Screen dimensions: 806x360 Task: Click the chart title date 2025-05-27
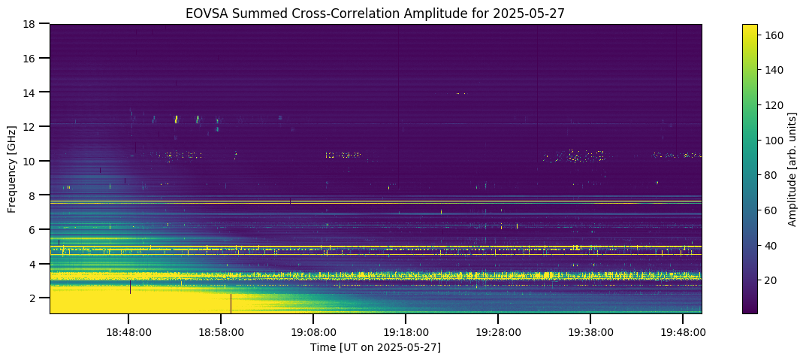pyautogui.click(x=536, y=14)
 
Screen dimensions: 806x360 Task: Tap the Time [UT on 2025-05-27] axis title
pyautogui.click(x=376, y=347)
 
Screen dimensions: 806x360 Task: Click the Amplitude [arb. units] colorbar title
pyautogui.click(x=793, y=168)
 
